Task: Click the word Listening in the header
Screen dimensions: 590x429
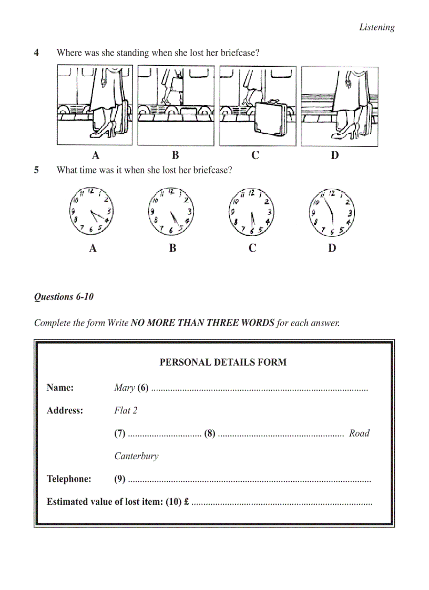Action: click(x=376, y=27)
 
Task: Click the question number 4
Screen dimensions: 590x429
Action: click(x=37, y=53)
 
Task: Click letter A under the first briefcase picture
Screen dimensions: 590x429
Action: click(x=95, y=155)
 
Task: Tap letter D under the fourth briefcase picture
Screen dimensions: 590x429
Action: click(x=335, y=155)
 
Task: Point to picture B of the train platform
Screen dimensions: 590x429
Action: click(x=176, y=106)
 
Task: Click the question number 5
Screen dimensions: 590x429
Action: click(x=37, y=170)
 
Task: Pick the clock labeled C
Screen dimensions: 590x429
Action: click(x=252, y=211)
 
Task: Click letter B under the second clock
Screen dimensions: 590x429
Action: click(x=172, y=248)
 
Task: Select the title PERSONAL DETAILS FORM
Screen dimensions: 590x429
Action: click(x=223, y=362)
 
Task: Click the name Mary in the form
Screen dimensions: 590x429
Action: click(x=125, y=388)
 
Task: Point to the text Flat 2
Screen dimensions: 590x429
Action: click(x=126, y=411)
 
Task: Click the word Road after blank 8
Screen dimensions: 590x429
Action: click(x=359, y=433)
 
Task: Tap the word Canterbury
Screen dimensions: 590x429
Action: click(x=136, y=456)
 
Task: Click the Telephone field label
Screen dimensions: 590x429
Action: click(x=69, y=479)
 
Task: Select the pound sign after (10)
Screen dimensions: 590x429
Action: click(x=187, y=502)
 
